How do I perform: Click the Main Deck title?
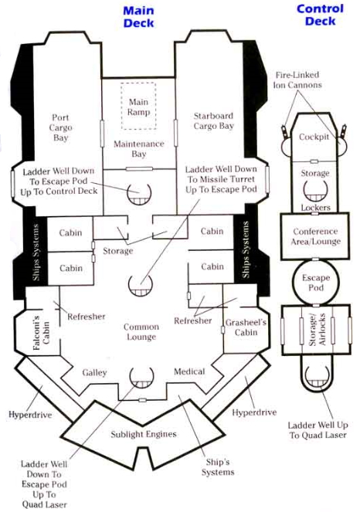pyautogui.click(x=138, y=17)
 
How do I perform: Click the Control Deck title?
pyautogui.click(x=320, y=15)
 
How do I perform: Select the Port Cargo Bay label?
pyautogui.click(x=60, y=127)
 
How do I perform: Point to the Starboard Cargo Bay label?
pyautogui.click(x=214, y=120)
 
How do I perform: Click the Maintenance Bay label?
pyautogui.click(x=138, y=149)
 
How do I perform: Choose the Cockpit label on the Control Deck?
pyautogui.click(x=314, y=137)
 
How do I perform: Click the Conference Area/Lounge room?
pyautogui.click(x=315, y=236)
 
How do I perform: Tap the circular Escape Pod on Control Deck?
pyautogui.click(x=315, y=283)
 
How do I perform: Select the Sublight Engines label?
pyautogui.click(x=144, y=434)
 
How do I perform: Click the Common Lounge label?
pyautogui.click(x=141, y=332)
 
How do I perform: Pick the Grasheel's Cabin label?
pyautogui.click(x=246, y=327)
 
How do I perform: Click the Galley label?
pyautogui.click(x=94, y=372)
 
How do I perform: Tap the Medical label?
pyautogui.click(x=189, y=371)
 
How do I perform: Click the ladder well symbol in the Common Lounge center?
pyautogui.click(x=141, y=286)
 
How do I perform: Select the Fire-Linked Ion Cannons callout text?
pyautogui.click(x=297, y=80)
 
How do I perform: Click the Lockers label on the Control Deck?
pyautogui.click(x=315, y=208)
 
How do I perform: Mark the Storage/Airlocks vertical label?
pyautogui.click(x=317, y=329)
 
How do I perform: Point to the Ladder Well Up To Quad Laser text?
pyautogui.click(x=318, y=430)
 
